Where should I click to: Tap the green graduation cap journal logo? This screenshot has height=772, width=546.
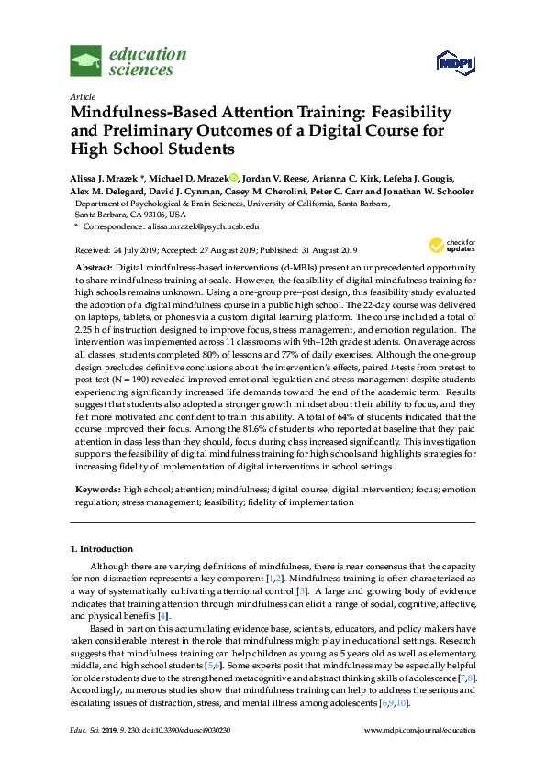pyautogui.click(x=85, y=62)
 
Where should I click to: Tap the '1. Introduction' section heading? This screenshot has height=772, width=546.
pyautogui.click(x=102, y=549)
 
